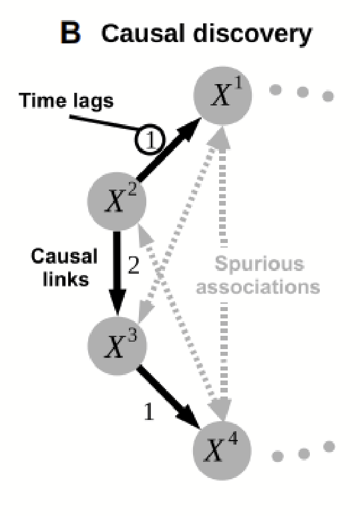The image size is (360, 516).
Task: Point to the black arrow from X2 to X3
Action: pyautogui.click(x=118, y=270)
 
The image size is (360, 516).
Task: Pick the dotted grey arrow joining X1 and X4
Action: pyautogui.click(x=222, y=200)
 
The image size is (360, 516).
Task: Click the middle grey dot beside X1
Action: pyautogui.click(x=303, y=93)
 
